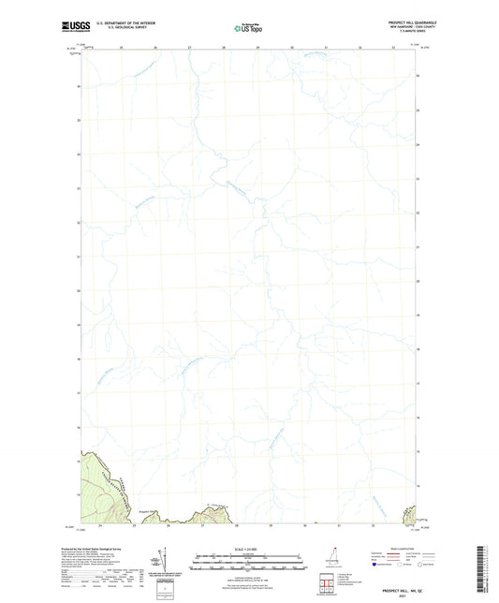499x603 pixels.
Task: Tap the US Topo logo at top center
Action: tap(246, 27)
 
